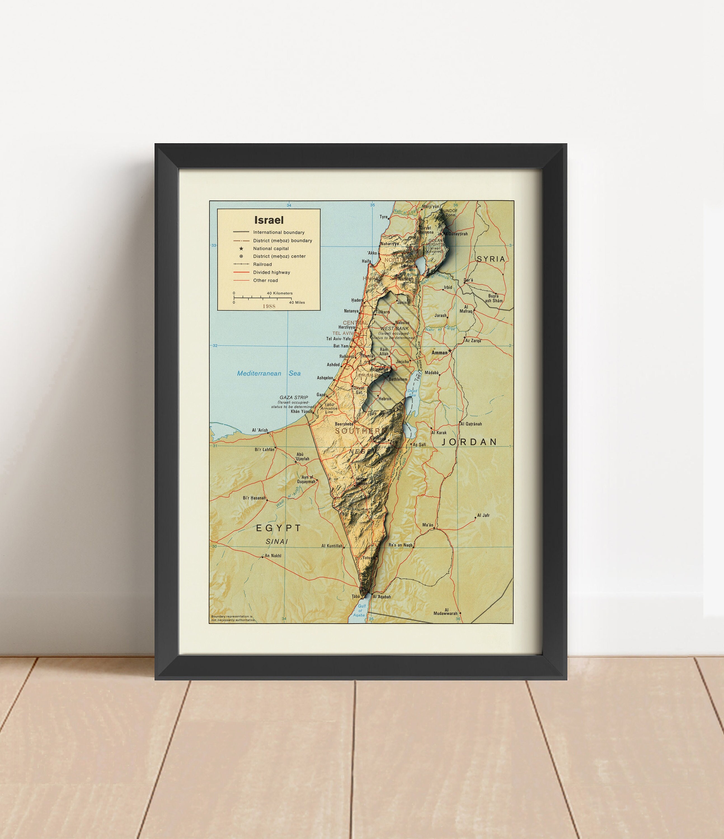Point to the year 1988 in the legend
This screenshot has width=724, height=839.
tap(269, 306)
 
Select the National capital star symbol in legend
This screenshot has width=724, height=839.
tap(241, 249)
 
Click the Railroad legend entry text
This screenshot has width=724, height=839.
tap(262, 264)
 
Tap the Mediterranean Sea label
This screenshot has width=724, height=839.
tap(269, 373)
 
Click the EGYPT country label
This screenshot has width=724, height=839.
tap(279, 528)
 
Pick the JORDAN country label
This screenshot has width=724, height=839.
tap(469, 442)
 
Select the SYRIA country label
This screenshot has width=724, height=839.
tap(491, 259)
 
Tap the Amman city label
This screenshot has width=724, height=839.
tap(439, 353)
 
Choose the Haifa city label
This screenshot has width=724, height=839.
tap(366, 261)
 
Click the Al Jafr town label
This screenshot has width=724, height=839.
tap(483, 515)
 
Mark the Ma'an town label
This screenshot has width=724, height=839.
tap(428, 525)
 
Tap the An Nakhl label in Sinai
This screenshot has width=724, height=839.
tap(273, 555)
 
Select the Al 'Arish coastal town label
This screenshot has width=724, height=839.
tap(260, 430)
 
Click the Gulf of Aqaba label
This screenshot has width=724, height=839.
tap(360, 610)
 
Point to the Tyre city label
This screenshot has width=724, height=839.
tap(383, 217)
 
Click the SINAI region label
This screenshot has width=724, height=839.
tap(277, 542)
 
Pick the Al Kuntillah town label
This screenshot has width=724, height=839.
tap(332, 546)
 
